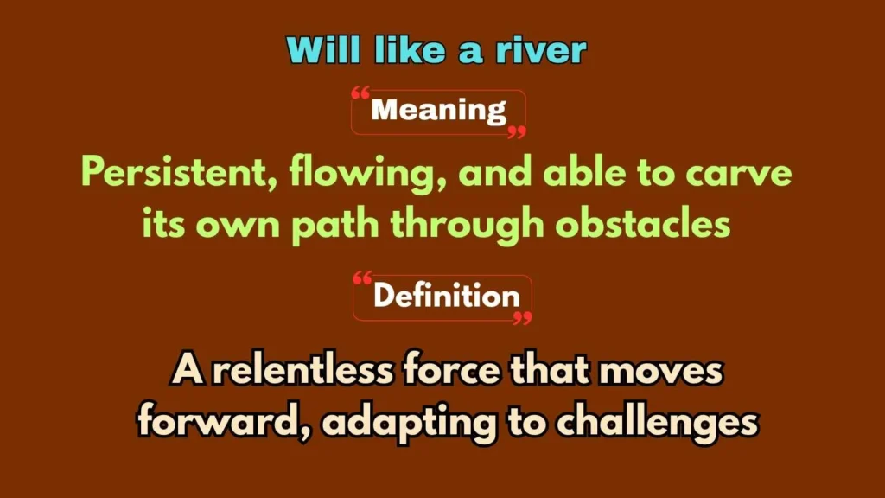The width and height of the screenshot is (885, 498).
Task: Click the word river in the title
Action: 541,50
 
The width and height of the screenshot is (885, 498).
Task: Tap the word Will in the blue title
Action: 323,49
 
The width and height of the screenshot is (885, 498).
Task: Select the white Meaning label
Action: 438,110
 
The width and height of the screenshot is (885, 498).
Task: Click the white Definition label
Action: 446,296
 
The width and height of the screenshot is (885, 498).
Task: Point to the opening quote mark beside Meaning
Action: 360,93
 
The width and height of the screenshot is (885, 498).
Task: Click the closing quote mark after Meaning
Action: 517,132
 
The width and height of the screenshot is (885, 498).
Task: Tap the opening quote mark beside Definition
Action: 362,278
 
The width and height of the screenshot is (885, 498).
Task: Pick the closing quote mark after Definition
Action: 523,318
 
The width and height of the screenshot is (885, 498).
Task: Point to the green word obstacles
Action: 643,223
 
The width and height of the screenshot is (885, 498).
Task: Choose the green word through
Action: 468,225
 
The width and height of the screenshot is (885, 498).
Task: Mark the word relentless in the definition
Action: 302,370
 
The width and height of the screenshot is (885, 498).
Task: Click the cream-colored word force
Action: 452,371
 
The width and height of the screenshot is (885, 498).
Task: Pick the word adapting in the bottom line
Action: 409,424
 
